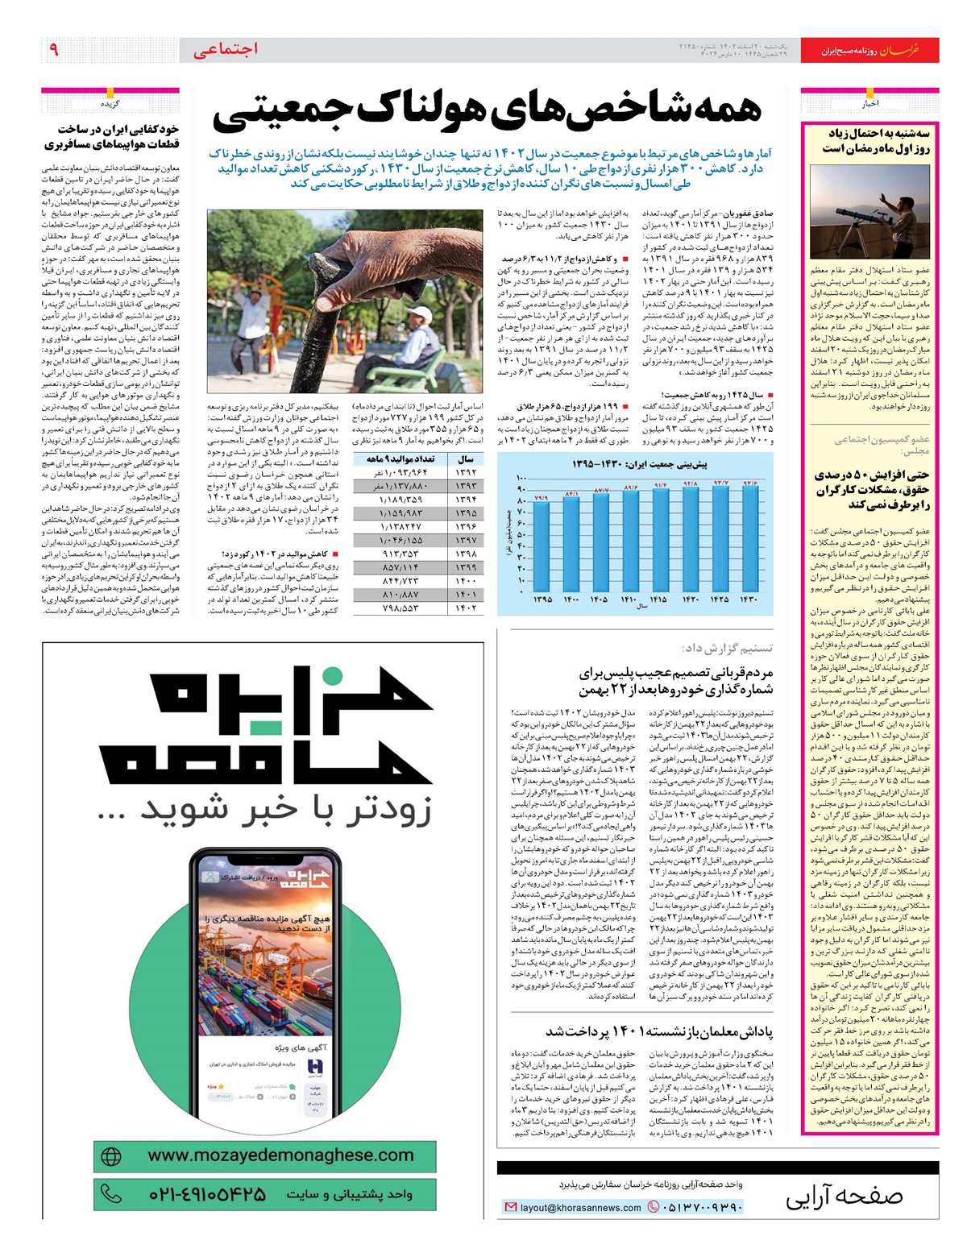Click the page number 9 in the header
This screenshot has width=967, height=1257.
tap(54, 50)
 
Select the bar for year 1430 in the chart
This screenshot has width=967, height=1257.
tap(750, 540)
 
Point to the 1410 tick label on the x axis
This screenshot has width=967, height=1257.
tap(629, 599)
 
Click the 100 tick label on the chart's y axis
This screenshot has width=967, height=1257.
tap(521, 478)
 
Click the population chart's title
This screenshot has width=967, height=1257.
tap(640, 464)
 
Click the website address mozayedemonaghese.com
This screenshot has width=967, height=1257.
tap(280, 1155)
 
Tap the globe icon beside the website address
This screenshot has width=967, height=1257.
tap(111, 1156)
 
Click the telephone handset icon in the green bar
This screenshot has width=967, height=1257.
tap(110, 1193)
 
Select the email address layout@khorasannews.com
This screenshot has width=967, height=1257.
tap(580, 1207)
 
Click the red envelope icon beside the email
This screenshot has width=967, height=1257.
tap(510, 1207)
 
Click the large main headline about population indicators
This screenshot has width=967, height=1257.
tap(486, 113)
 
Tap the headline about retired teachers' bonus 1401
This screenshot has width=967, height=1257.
tap(659, 1031)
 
